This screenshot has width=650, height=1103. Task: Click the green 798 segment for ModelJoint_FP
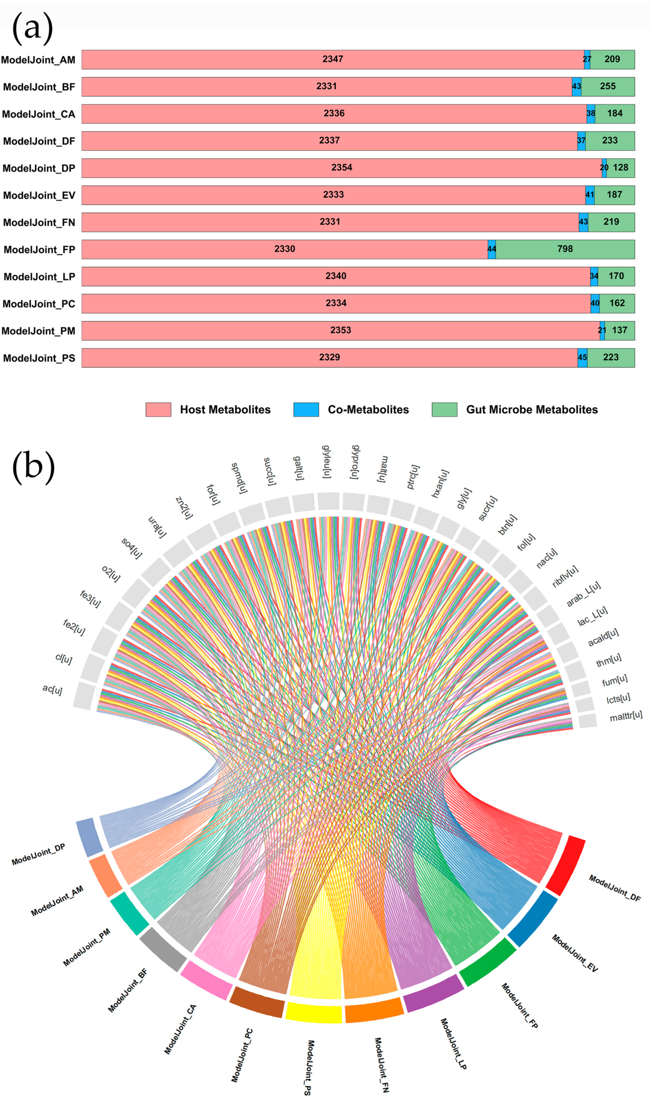click(565, 249)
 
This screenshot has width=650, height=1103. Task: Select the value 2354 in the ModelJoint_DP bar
click(342, 168)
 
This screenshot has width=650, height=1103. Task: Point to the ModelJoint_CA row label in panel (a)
click(39, 114)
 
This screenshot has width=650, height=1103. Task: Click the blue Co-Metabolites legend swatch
click(306, 409)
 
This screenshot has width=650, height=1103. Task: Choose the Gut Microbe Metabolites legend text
click(532, 409)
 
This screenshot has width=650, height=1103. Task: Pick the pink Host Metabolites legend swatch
click(158, 409)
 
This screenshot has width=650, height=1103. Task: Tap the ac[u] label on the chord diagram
click(52, 690)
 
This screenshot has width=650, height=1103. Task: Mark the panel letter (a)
click(33, 28)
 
